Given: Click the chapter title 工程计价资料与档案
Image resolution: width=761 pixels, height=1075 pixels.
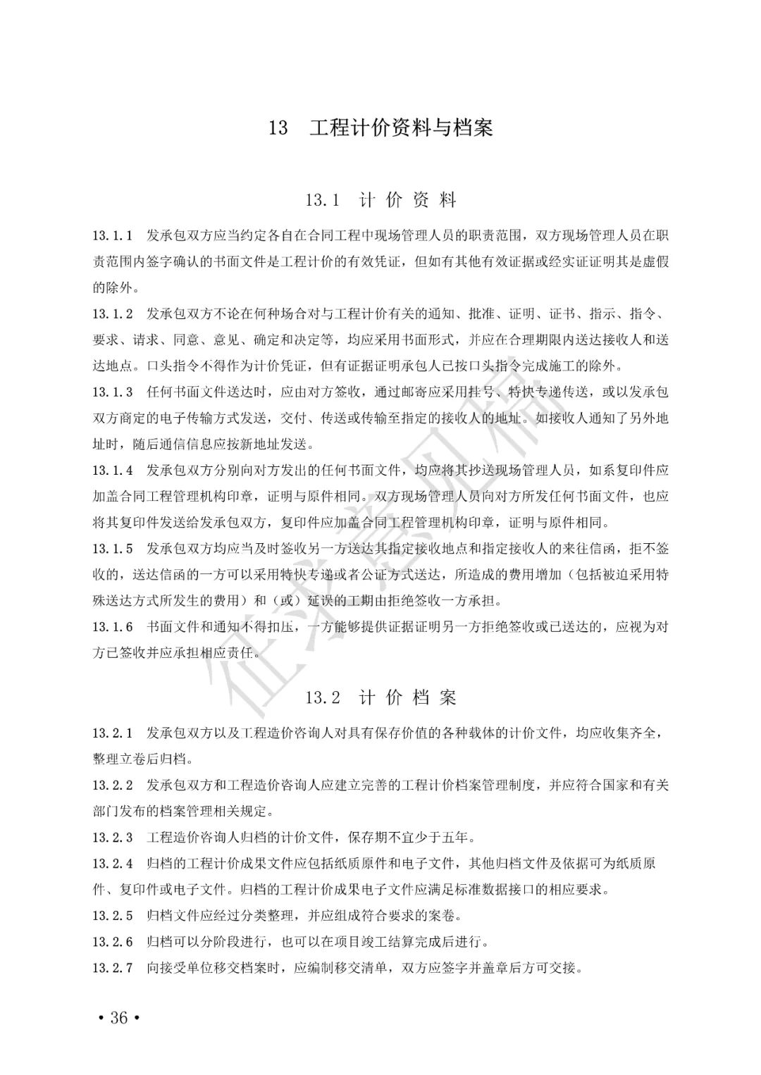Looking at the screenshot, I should [x=401, y=128].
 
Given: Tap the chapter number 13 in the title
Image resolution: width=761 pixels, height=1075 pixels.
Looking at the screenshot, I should [x=278, y=128].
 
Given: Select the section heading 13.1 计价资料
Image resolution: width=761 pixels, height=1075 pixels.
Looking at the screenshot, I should [x=380, y=201].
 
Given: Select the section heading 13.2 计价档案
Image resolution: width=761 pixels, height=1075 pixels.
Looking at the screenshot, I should [x=380, y=698].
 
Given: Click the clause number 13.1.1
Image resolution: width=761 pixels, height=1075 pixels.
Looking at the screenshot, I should [x=113, y=235].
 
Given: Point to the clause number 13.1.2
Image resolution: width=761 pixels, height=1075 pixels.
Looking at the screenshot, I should [x=113, y=313].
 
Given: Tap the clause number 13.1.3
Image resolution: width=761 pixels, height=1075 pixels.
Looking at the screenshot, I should [x=113, y=392].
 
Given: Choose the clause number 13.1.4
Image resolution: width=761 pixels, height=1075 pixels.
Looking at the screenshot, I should [x=113, y=470].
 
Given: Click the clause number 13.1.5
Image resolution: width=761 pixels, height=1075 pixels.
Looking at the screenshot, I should [x=113, y=548].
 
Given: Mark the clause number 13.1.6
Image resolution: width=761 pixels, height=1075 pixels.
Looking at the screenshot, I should [x=113, y=626].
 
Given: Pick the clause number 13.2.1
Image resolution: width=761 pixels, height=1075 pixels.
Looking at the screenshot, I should [x=113, y=733].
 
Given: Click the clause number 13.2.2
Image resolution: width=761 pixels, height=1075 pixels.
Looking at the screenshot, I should [x=113, y=785].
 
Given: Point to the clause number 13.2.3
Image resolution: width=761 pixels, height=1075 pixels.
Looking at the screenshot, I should [x=113, y=838].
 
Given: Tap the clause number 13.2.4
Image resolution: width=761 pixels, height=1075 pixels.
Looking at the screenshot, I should [x=113, y=864].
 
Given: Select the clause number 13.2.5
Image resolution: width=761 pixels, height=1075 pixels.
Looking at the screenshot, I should [x=113, y=916].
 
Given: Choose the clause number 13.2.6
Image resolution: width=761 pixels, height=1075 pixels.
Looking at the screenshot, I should [x=113, y=942].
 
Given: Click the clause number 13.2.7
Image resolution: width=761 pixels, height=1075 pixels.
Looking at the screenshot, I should [x=113, y=968].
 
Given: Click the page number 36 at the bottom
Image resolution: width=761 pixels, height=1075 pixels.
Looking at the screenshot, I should [x=118, y=1018].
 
